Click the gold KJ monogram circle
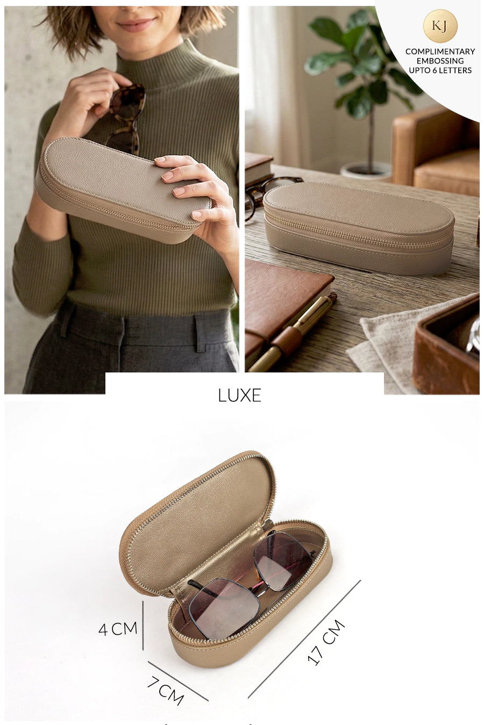tap(440, 26)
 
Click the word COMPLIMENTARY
tap(440, 52)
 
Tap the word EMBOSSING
tap(440, 61)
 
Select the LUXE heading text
tap(239, 395)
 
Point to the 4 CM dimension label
tap(118, 629)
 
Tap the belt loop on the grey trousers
tap(200, 333)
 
